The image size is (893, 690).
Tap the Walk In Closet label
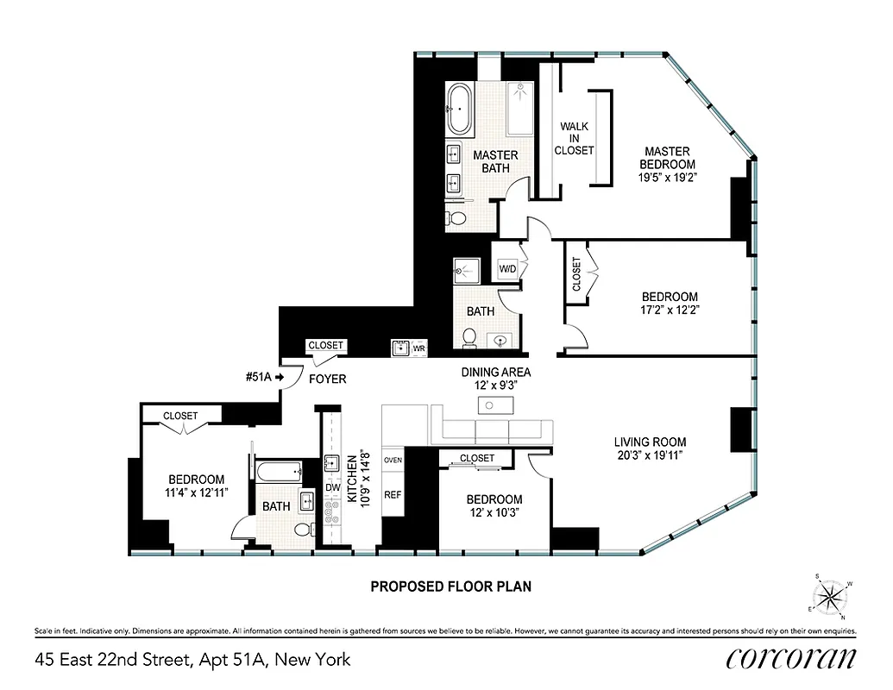575,138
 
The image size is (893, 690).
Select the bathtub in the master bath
461,110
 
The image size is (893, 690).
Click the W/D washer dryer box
507,269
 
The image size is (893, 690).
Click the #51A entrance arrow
279,376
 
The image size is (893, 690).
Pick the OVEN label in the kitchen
393,460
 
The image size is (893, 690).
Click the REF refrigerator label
393,496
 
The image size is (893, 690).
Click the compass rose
832,597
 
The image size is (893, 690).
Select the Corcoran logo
791,658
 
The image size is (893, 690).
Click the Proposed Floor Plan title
450,586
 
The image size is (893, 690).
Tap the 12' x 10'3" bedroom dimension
494,513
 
